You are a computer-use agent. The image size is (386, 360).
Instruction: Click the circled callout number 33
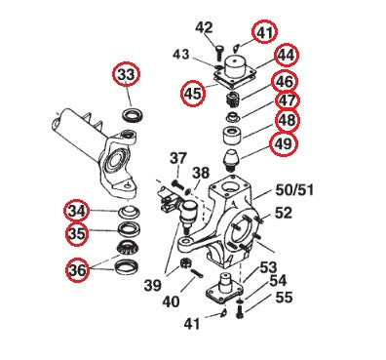pos(127,76)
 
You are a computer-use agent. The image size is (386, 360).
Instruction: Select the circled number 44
pos(287,56)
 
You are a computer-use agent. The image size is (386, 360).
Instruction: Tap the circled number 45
pos(193,93)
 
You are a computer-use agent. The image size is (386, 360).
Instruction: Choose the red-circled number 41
pos(266,32)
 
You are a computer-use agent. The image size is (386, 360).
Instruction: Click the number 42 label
pos(203,27)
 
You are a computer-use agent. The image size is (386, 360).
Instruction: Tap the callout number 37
pos(177,159)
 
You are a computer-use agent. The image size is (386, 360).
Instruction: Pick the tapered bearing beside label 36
pos(125,264)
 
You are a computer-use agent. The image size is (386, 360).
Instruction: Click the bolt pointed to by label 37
pos(178,182)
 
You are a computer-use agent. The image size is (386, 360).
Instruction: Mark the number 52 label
pos(283,213)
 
